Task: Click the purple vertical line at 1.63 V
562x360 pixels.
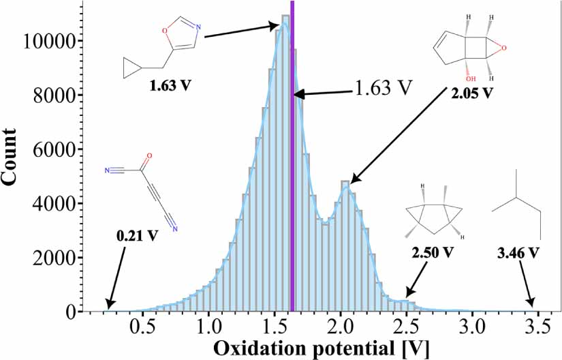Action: coord(292,170)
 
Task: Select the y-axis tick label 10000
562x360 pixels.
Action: coord(48,42)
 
